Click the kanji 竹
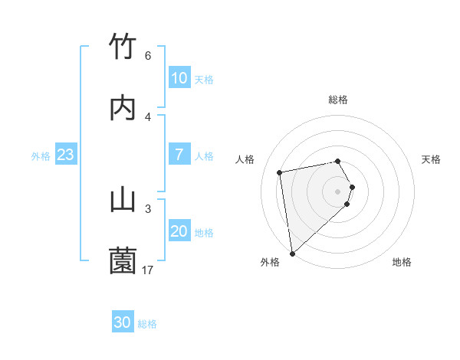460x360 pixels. tap(123, 47)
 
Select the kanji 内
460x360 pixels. tap(123, 108)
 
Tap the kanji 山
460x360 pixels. tap(123, 200)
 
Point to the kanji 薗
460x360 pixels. tap(123, 261)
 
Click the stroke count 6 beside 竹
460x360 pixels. tap(148, 56)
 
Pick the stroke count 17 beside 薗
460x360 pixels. tap(148, 270)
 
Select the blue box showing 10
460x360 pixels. tap(179, 78)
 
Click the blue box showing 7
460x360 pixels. tap(179, 155)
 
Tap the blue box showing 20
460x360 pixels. tap(179, 231)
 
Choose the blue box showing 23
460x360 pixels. tap(65, 155)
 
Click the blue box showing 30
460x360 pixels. tap(122, 322)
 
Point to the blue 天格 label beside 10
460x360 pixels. tap(204, 80)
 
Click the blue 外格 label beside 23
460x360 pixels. tap(41, 156)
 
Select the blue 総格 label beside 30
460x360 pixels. tap(147, 324)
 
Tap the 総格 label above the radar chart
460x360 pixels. tap(338, 100)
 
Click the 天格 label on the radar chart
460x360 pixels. tap(431, 159)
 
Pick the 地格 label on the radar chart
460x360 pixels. tap(402, 263)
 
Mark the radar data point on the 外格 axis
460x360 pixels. tap(292, 253)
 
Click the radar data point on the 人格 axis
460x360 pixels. tap(280, 172)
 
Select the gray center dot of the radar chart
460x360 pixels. tap(338, 191)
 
